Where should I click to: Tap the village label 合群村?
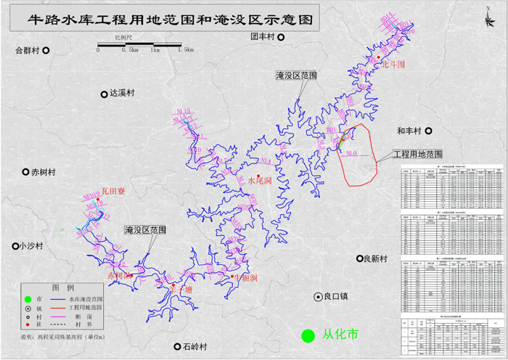point(27,51)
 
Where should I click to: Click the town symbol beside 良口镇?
point(318,297)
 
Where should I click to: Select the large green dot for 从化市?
point(308,335)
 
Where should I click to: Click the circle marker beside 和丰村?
point(428,131)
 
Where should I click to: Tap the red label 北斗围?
point(392,64)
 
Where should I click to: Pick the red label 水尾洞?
point(260,180)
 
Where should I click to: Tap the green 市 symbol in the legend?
point(27,299)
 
